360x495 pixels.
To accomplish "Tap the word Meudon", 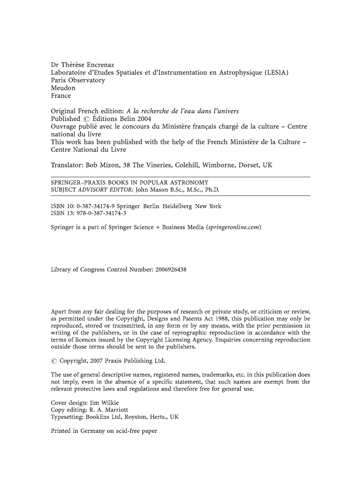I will pyautogui.click(x=63, y=88).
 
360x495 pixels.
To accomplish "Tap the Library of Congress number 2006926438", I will pyautogui.click(x=171, y=269).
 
